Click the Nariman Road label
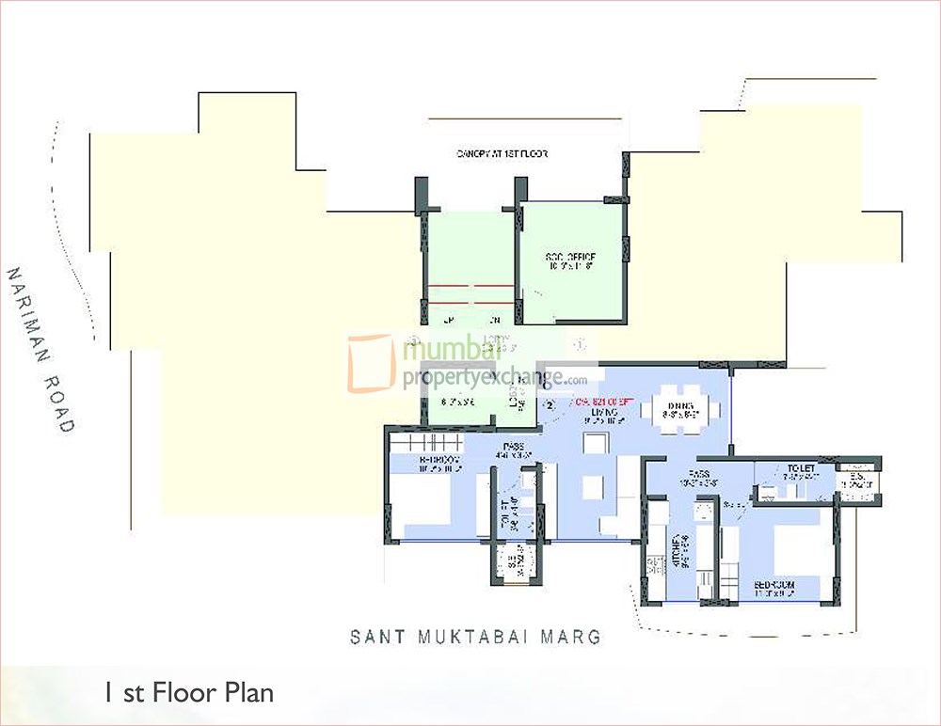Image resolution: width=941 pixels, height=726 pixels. [40, 350]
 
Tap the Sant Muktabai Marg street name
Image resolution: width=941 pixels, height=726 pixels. [475, 638]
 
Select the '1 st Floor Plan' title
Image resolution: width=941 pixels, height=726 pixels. [188, 694]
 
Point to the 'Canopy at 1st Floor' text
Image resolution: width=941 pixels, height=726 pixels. [502, 153]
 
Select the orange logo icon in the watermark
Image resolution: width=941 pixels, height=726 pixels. [371, 362]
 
